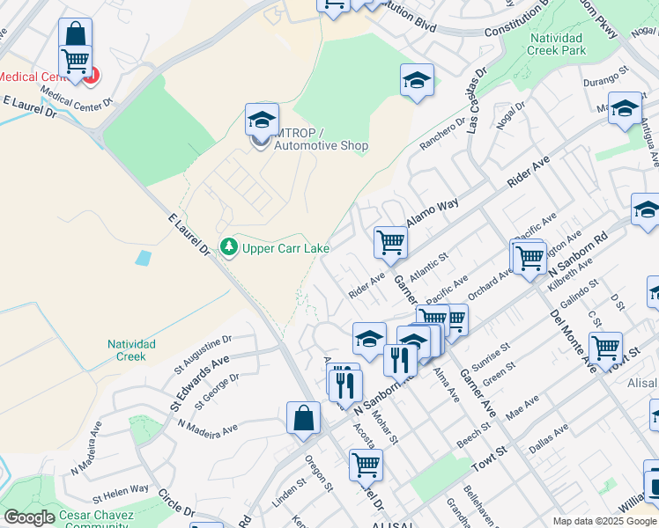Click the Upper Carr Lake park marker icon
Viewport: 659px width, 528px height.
[x=229, y=247]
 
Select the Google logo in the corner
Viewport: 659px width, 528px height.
[x=29, y=517]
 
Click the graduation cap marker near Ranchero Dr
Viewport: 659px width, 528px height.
[x=417, y=81]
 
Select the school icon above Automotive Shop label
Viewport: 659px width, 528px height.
[x=262, y=120]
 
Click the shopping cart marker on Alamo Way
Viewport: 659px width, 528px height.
[x=389, y=242]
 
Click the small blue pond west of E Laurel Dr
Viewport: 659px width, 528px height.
[x=142, y=258]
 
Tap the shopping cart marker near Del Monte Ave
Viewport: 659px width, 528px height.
[x=605, y=347]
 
